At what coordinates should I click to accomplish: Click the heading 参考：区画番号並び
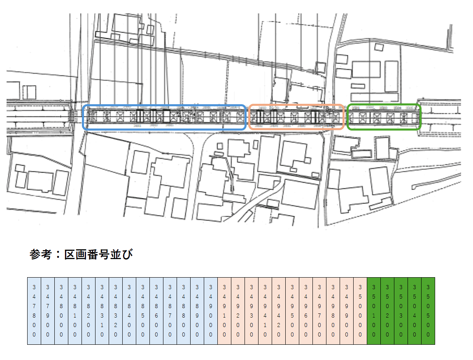[82, 255]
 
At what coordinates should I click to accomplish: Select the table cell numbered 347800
[34, 311]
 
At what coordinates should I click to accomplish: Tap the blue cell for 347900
[48, 311]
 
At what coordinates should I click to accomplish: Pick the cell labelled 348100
[75, 311]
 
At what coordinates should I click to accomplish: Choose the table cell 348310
[102, 311]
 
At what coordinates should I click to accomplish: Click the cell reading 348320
[116, 311]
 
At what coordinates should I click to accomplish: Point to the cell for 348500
[143, 311]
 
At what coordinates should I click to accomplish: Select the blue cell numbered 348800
[184, 311]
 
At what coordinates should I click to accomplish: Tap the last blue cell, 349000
[211, 311]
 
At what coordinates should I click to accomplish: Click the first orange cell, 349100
[224, 311]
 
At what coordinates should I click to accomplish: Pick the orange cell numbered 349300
[252, 311]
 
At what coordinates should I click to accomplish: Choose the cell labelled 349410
[265, 311]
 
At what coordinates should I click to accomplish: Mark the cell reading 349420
[279, 311]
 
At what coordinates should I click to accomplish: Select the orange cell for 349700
[319, 311]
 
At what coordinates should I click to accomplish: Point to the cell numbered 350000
[360, 311]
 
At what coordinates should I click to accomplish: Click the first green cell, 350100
[374, 311]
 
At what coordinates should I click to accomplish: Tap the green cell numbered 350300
[401, 311]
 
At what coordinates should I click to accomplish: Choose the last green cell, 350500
[428, 311]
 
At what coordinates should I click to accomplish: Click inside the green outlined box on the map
[384, 117]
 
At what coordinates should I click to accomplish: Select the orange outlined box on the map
[296, 117]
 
